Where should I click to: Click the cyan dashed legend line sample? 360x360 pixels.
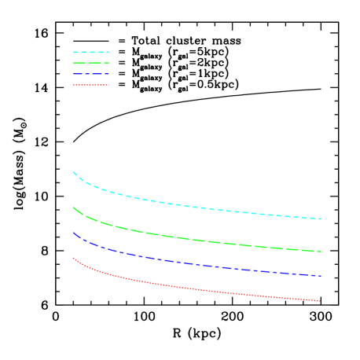pos(91,52)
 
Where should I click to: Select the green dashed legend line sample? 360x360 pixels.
pos(91,63)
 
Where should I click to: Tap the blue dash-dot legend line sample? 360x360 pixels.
pos(91,74)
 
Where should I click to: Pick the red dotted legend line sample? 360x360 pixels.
pos(91,85)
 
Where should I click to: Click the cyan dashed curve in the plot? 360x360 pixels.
pos(197,207)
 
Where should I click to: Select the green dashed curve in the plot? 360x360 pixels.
pos(197,240)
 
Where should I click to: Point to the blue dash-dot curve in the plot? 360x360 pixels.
pos(197,264)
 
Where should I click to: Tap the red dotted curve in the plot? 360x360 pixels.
pos(197,289)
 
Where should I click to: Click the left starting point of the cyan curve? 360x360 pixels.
pos(73,172)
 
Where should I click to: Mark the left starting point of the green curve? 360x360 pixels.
pos(73,208)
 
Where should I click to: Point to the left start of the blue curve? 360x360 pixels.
pos(73,233)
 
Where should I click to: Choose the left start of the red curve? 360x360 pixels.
pos(73,258)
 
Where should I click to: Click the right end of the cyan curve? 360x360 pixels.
pos(321,219)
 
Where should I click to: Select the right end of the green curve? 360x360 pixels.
pos(321,252)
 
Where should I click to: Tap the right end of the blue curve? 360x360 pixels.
pos(321,276)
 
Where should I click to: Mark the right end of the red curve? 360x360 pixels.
pos(320,301)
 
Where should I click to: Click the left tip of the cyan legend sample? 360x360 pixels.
pos(74,52)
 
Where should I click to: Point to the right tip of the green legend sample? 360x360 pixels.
pos(108,63)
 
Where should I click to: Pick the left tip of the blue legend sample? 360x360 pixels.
pos(74,74)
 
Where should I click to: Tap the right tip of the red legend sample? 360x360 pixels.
pos(108,85)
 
